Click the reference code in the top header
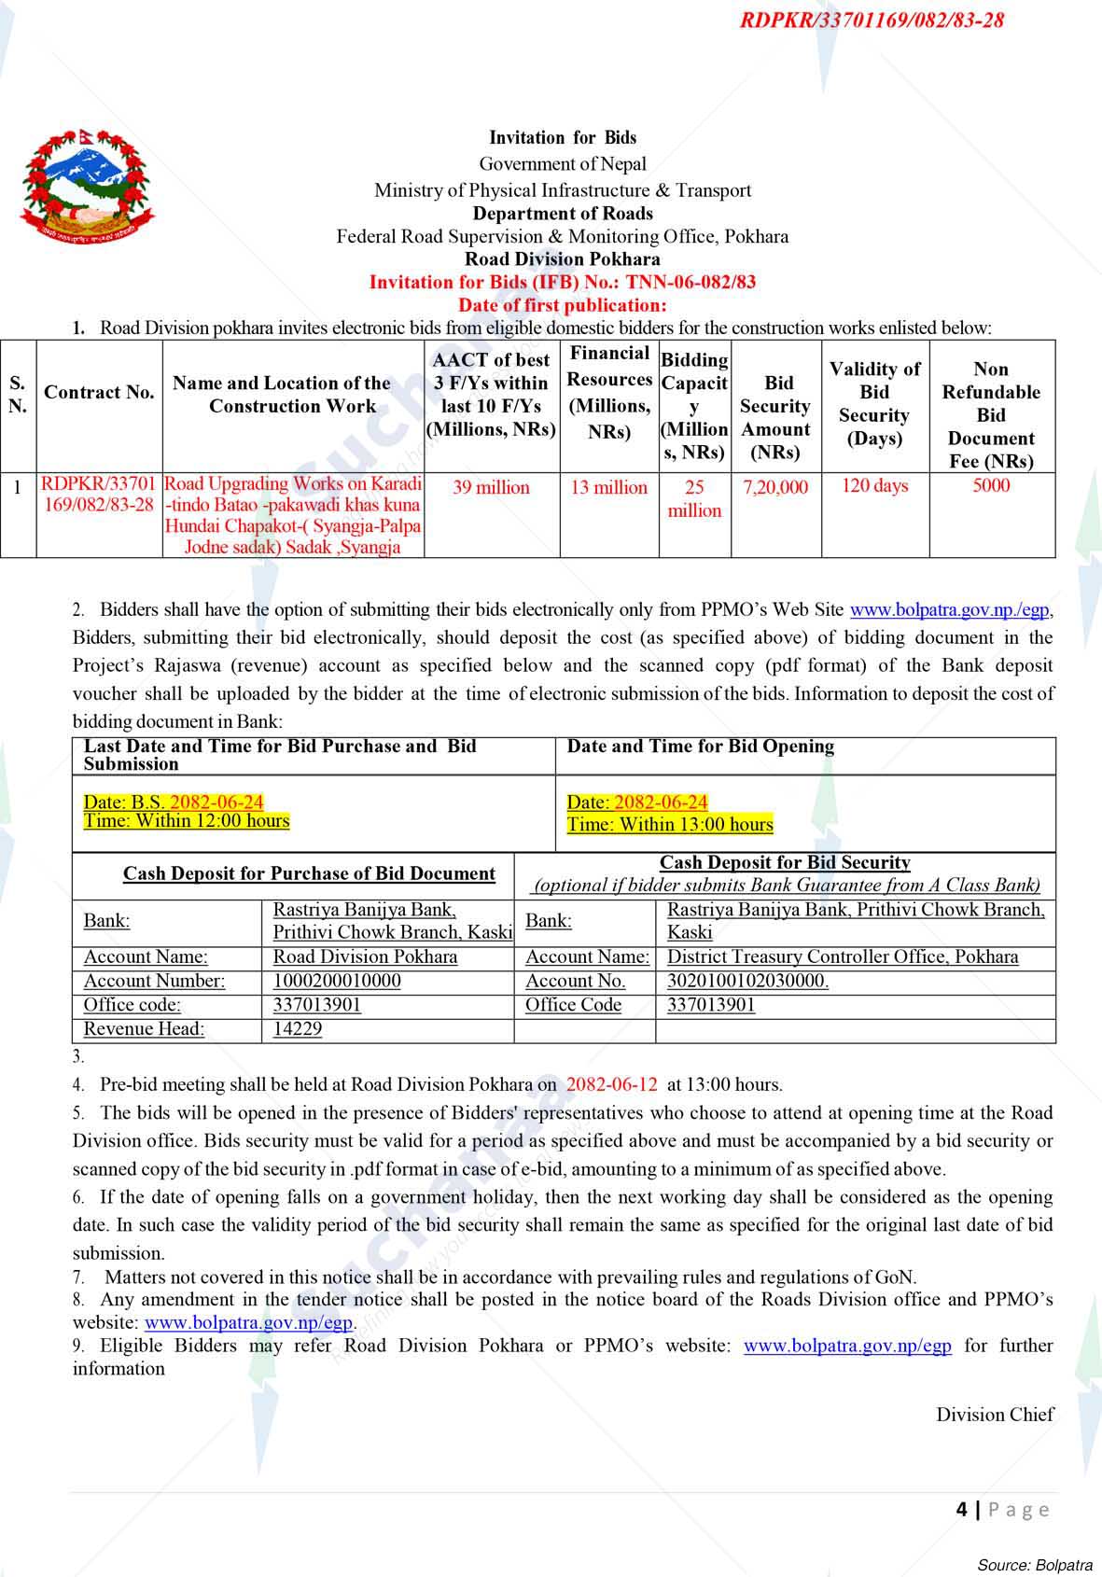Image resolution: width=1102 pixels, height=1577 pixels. [872, 20]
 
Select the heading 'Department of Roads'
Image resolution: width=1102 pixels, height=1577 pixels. [563, 213]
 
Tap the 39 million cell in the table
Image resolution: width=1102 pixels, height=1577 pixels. [491, 487]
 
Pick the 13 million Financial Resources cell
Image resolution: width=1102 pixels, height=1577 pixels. [608, 487]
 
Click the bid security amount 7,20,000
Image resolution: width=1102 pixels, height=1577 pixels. [775, 487]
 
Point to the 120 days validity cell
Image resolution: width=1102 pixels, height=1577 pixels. [874, 485]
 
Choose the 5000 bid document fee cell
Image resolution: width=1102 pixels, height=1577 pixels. [991, 485]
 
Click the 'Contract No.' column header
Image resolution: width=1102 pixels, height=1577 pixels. [99, 392]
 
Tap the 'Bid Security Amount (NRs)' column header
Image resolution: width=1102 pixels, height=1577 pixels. [775, 417]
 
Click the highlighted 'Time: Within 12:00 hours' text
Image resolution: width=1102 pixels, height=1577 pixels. [187, 821]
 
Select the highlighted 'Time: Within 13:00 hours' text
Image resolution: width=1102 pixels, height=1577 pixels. [670, 824]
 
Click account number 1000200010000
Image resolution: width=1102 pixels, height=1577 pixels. [337, 981]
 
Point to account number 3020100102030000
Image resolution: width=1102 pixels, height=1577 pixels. [747, 981]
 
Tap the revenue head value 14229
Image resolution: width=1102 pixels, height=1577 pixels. [298, 1028]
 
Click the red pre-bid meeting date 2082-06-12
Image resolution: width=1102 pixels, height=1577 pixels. [611, 1084]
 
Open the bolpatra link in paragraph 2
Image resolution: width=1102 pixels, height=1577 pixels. [950, 610]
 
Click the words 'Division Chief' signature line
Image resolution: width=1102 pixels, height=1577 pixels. [995, 1415]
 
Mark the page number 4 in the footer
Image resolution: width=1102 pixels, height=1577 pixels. [961, 1509]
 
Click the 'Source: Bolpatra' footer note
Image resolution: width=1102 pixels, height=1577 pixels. [1034, 1565]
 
